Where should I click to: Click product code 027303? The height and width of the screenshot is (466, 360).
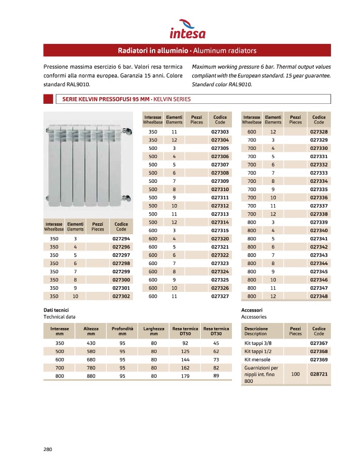(220, 132)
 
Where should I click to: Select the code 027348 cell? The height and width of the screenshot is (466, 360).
(319, 296)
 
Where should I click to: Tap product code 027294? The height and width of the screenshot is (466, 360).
(121, 239)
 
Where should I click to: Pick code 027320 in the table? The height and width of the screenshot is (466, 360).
(220, 239)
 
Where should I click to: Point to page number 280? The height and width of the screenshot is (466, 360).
(48, 448)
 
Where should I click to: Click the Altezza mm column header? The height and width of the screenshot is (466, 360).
(91, 331)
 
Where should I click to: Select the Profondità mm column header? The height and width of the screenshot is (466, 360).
(122, 331)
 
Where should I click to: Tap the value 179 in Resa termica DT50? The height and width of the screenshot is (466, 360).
(185, 376)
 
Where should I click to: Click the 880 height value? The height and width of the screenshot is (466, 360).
(91, 376)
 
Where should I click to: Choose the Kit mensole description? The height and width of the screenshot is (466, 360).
(257, 359)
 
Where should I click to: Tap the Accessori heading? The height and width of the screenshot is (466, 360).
(252, 309)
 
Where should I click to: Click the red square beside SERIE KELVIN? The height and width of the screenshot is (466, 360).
(48, 99)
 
